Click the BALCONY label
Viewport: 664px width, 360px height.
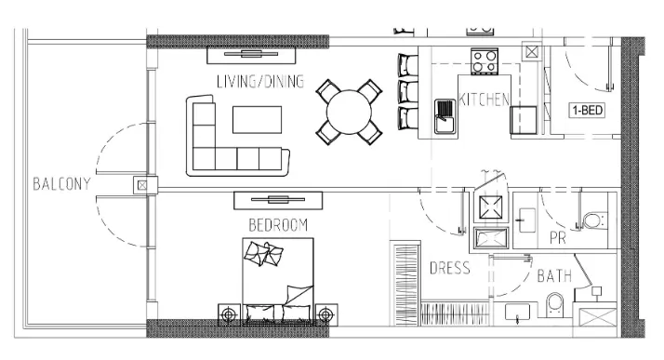pos(61,184)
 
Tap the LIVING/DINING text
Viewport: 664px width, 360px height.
pos(260,81)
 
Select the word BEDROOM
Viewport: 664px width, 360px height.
pos(278,225)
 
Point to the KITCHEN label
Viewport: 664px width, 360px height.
pos(485,100)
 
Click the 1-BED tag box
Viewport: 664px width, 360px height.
pos(587,111)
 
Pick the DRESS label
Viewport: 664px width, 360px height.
pos(450,268)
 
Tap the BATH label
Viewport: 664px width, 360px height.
pos(554,276)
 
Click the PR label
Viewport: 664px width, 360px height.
pos(557,238)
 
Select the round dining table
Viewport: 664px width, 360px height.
pos(349,112)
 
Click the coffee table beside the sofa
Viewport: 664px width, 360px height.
pos(257,120)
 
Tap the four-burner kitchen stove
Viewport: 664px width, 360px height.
pos(485,61)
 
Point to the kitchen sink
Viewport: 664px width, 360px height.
pos(445,116)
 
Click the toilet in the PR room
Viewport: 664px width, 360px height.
pos(594,220)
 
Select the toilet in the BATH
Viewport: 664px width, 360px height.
pos(555,304)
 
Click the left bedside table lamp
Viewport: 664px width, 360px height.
pos(229,314)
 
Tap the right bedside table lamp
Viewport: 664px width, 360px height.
pos(325,314)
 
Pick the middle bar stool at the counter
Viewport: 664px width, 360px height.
pos(408,91)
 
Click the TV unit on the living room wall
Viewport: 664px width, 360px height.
pos(251,55)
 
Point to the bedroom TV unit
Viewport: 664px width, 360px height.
pos(278,200)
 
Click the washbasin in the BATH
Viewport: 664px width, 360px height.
pos(517,313)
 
